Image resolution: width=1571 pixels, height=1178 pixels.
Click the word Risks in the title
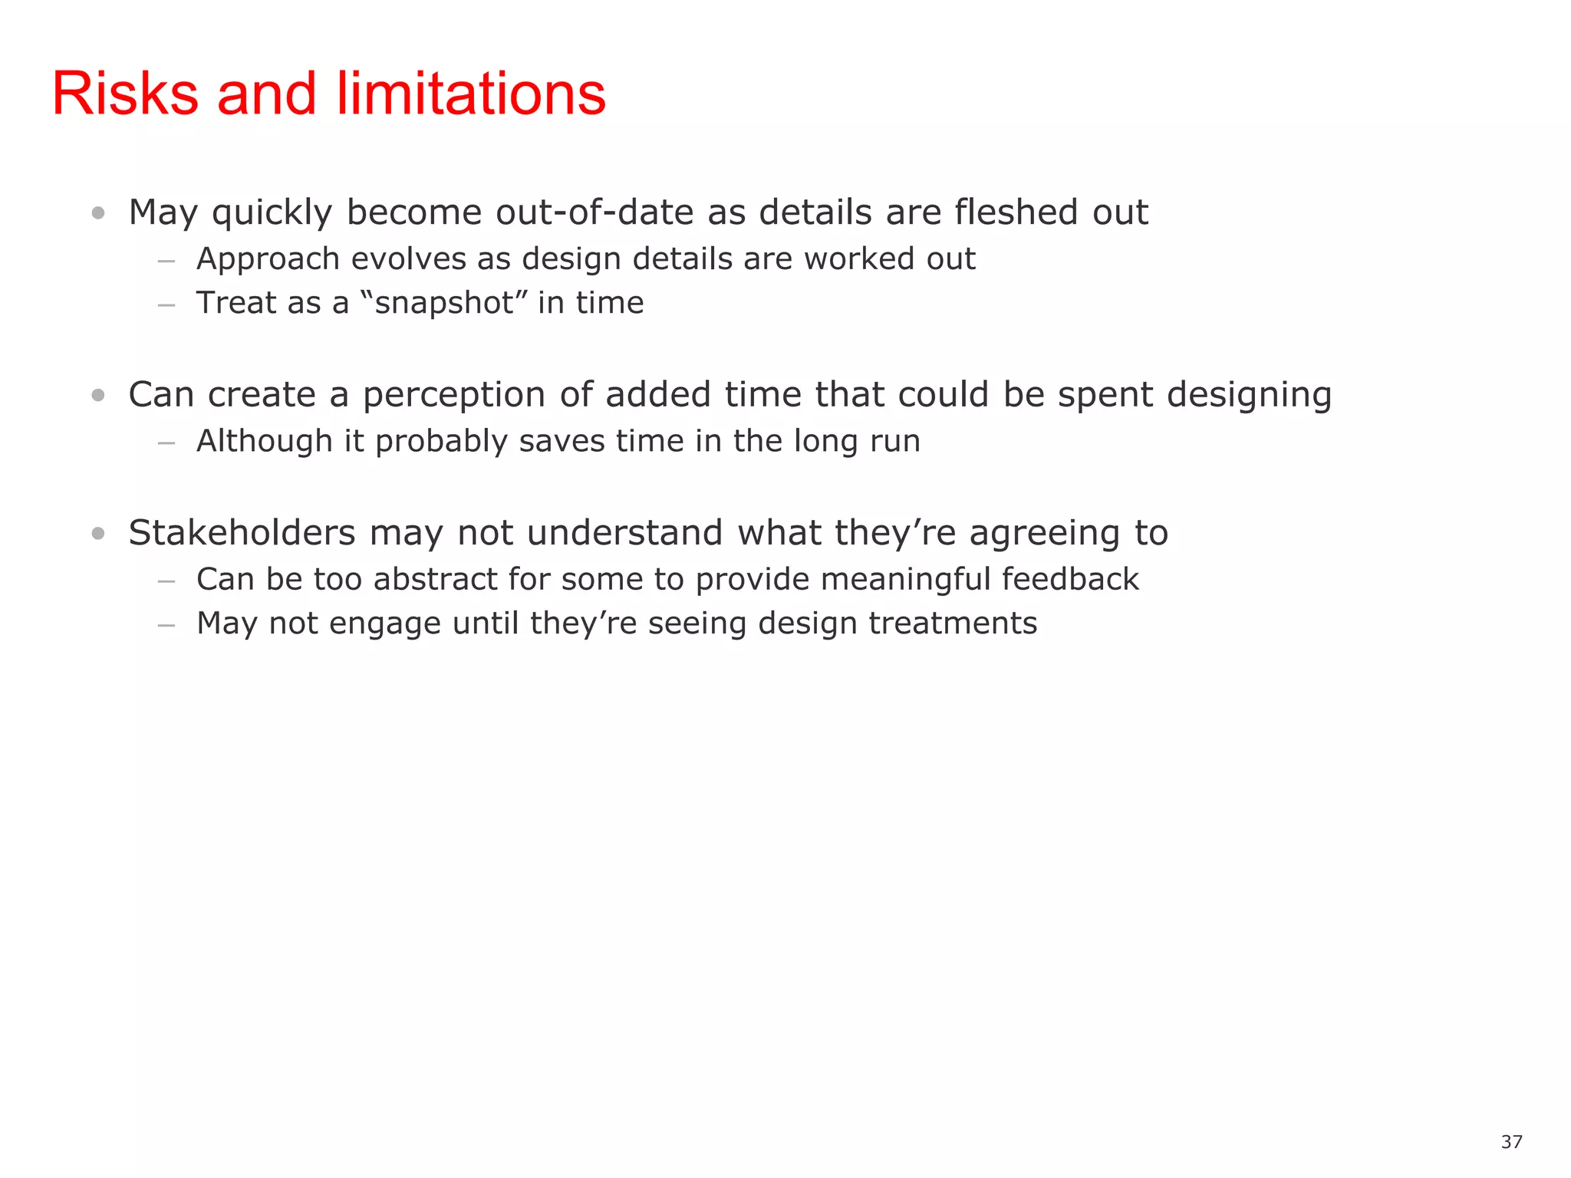coord(125,94)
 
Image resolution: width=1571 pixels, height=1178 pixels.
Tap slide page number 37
coord(1511,1142)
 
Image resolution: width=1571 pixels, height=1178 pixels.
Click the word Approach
coord(268,260)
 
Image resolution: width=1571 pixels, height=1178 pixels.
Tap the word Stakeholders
coord(242,533)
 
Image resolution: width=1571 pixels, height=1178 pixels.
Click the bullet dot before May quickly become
coord(97,213)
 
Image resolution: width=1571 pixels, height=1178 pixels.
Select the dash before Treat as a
coord(166,305)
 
